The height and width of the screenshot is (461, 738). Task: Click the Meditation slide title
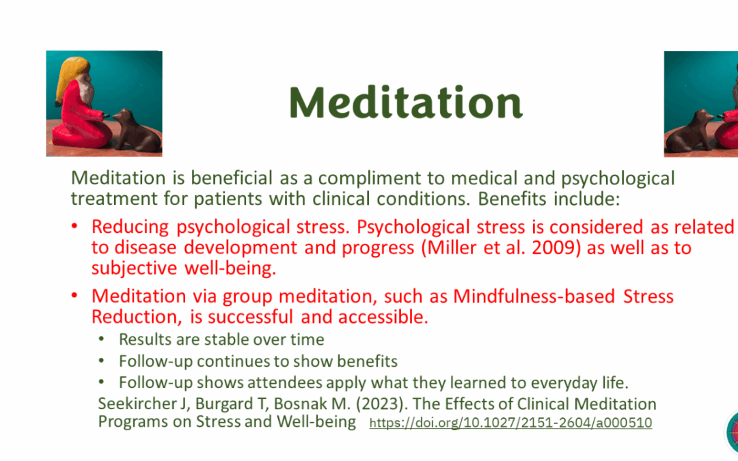click(x=405, y=102)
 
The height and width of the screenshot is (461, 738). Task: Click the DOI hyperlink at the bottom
click(x=510, y=423)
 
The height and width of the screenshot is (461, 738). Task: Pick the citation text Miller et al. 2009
click(x=478, y=248)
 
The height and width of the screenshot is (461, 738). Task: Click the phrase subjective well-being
click(x=184, y=268)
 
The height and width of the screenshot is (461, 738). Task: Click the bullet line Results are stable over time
click(x=221, y=339)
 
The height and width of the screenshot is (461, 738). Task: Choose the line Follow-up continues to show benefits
click(x=258, y=361)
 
